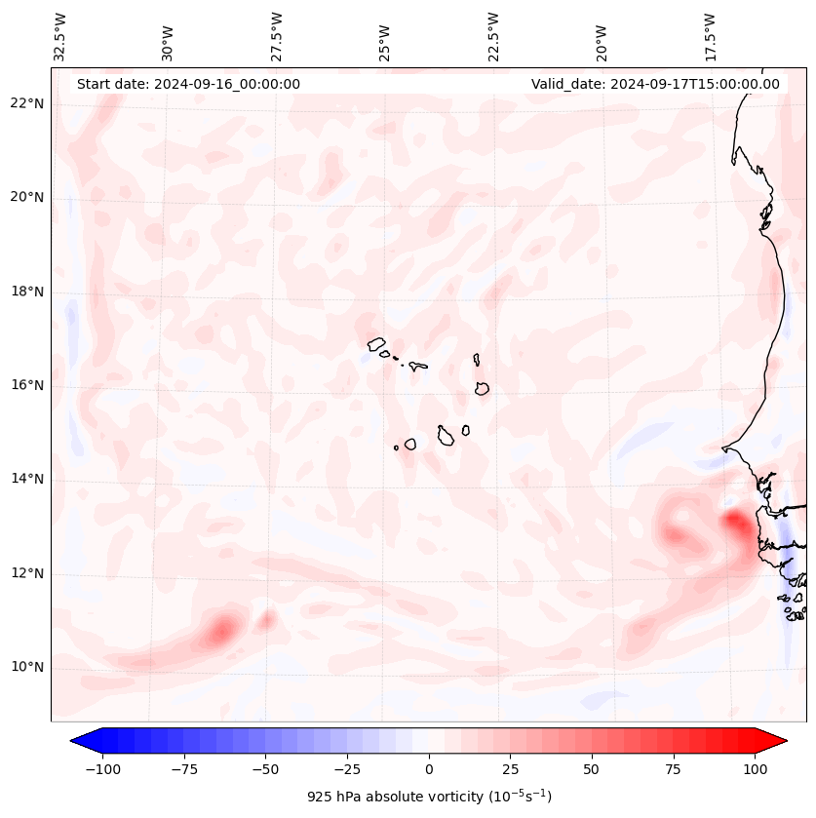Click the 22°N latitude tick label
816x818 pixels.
[x=27, y=104]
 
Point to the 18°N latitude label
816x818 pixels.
[x=27, y=292]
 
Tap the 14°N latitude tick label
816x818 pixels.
[x=27, y=479]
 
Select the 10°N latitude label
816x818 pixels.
[x=27, y=667]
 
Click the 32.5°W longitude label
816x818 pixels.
[x=60, y=36]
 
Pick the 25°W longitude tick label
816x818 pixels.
[x=386, y=36]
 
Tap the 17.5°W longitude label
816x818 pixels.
[x=711, y=36]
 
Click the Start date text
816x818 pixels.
[x=188, y=84]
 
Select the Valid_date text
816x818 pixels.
[x=655, y=84]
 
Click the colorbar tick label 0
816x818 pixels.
[x=429, y=769]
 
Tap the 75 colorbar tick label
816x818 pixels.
[x=673, y=769]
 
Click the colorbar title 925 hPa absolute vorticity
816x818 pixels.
[x=429, y=797]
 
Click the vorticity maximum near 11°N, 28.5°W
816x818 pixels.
[x=222, y=630]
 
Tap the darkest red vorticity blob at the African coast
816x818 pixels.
[x=738, y=526]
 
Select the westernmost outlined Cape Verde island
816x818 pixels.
[x=376, y=343]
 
